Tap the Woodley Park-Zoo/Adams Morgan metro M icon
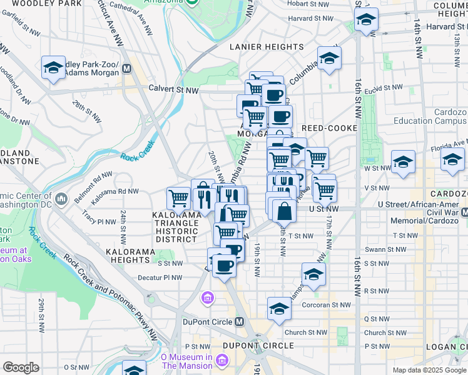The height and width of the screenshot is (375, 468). coord(127,68)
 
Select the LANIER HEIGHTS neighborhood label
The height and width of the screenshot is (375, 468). coord(267,47)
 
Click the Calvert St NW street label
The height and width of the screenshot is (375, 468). coord(173,90)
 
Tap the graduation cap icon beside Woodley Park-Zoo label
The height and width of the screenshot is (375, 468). coord(54,67)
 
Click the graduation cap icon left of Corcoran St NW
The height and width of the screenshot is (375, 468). coord(279,308)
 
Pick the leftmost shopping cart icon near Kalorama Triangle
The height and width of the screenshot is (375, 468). coord(179,199)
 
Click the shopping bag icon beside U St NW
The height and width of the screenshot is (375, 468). coord(284,211)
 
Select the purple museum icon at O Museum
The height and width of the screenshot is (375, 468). coord(221,360)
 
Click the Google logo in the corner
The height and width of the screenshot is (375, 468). coord(21,367)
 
